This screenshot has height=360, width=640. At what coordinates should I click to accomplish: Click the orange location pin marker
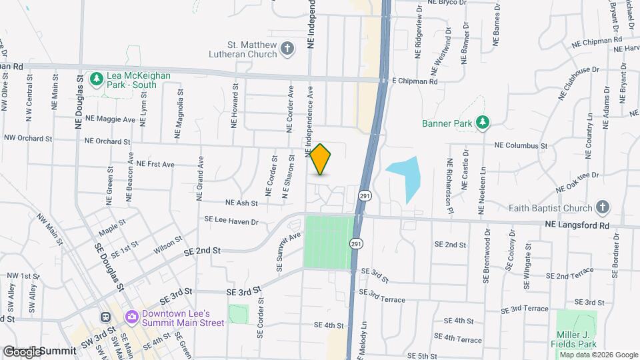click(321, 159)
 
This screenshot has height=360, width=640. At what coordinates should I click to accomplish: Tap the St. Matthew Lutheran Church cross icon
click(287, 48)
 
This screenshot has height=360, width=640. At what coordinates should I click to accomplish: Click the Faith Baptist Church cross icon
click(603, 207)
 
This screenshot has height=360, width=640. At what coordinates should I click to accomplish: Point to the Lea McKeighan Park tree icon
click(97, 79)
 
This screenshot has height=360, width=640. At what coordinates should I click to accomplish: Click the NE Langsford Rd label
click(577, 226)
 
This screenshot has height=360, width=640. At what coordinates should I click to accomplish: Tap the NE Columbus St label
click(521, 145)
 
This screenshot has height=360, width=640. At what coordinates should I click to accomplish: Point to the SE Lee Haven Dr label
click(230, 220)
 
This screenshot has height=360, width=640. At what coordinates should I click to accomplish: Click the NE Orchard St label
click(107, 141)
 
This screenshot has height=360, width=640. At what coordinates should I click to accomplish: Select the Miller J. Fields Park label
click(577, 339)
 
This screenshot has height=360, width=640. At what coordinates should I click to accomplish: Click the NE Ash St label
click(241, 203)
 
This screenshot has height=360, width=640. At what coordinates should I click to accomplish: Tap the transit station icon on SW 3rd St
click(105, 317)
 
